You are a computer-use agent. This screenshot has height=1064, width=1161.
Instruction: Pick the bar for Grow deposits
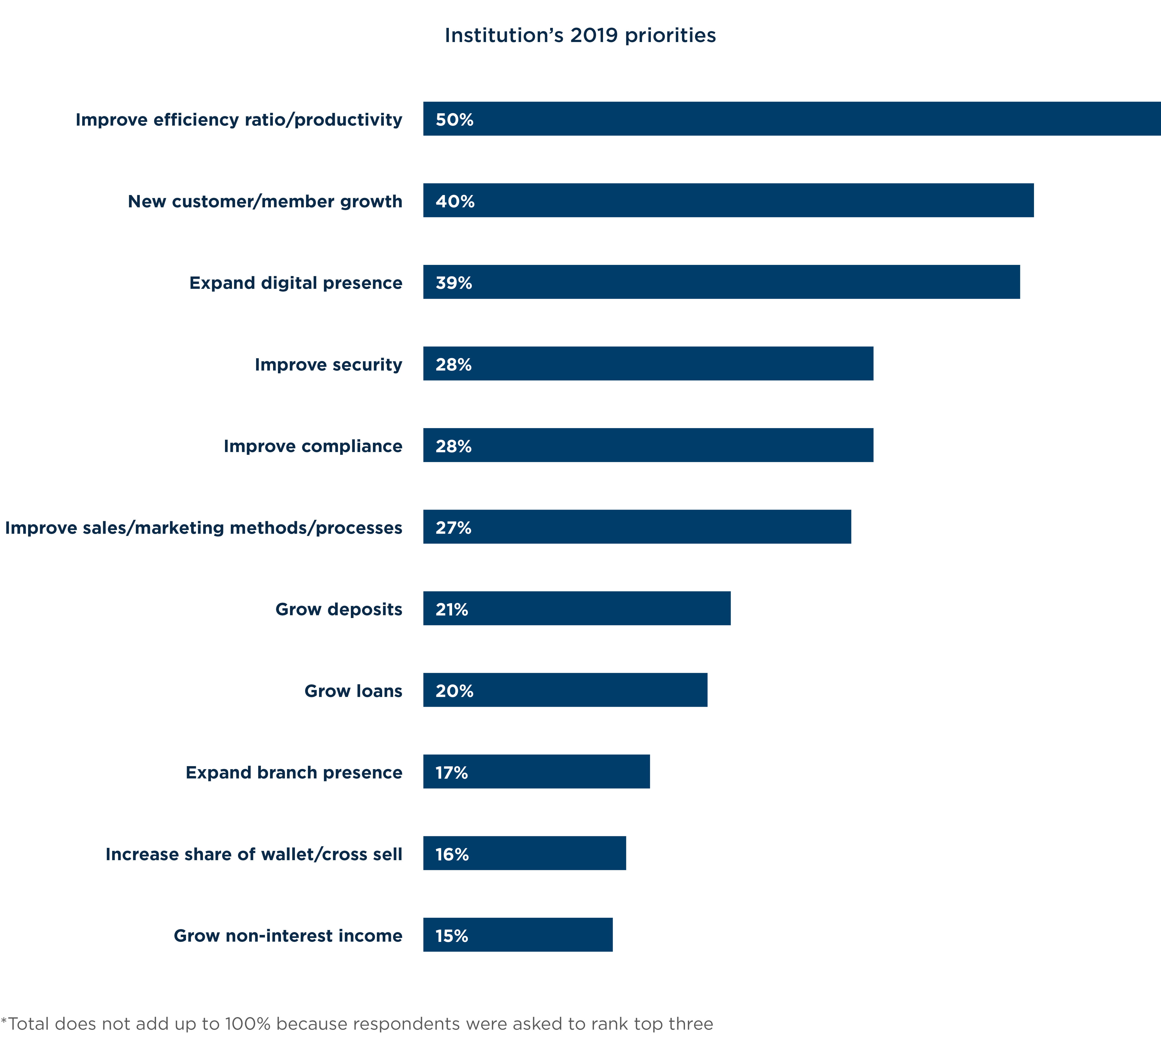coord(577,608)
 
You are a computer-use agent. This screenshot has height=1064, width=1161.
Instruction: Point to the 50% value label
coord(454,120)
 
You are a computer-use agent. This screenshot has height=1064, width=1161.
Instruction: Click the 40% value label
coord(455,202)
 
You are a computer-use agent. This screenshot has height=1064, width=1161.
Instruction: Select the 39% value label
coord(454,283)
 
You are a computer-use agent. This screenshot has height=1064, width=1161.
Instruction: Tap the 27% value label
coord(453,528)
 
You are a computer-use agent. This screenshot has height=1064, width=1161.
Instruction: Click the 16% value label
coord(452,854)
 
